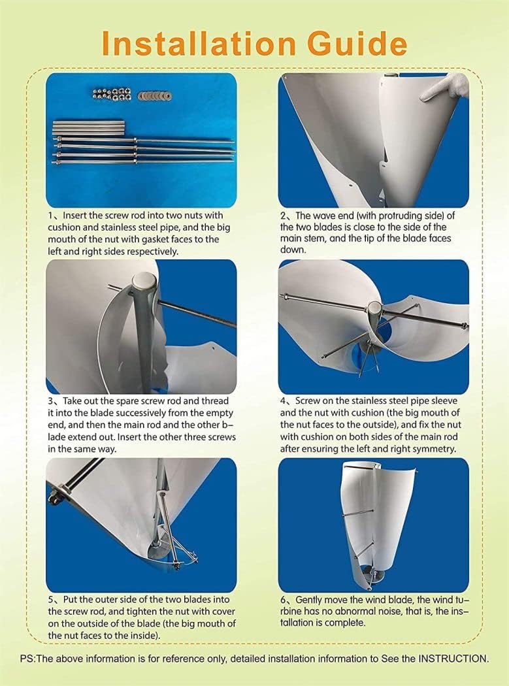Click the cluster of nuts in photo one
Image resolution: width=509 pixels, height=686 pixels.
tap(113, 94)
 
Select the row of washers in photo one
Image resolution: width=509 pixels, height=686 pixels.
tap(155, 96)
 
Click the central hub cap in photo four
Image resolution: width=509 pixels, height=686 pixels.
tap(374, 307)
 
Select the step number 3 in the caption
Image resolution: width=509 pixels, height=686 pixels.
tap(50, 400)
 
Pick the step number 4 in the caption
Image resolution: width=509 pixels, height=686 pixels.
tap(284, 400)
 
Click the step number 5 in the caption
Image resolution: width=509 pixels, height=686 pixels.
tap(50, 599)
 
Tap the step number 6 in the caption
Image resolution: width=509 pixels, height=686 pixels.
tap(284, 599)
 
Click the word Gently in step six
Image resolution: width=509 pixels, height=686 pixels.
tap(312, 599)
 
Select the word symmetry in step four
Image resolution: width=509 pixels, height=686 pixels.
tap(436, 449)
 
